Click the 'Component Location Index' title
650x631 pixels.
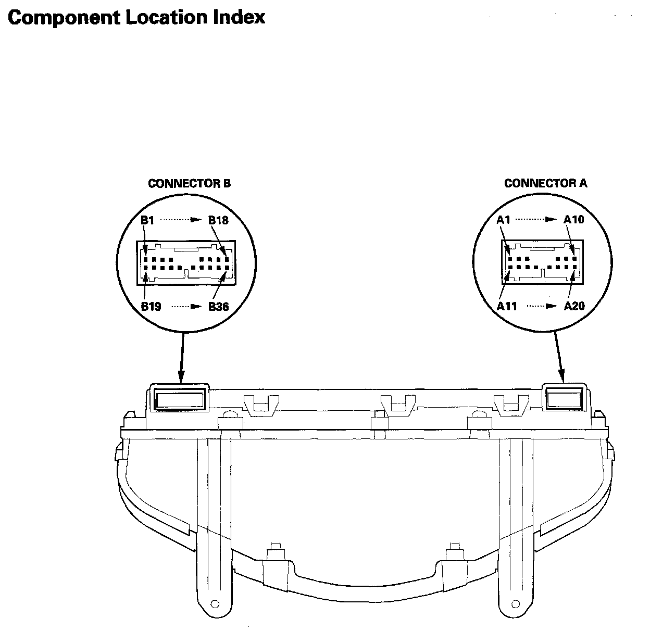136,17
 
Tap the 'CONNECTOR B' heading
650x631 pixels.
189,183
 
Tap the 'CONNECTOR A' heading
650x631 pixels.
545,183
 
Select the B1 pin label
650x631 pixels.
147,220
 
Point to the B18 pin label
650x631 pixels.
218,220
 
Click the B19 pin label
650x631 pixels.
151,306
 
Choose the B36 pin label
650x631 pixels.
218,306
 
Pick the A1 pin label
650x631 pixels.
503,219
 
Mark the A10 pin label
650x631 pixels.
574,219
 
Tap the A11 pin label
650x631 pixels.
507,306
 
